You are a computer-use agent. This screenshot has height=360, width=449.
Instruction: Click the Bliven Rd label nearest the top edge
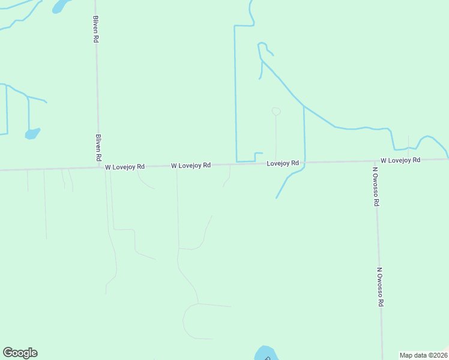[x=95, y=29]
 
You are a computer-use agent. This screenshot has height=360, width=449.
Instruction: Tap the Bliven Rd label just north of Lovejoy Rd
[x=98, y=146]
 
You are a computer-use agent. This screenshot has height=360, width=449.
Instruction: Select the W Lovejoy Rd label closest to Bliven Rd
[x=125, y=166]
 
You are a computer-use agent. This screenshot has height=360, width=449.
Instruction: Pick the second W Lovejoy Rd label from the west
[x=191, y=165]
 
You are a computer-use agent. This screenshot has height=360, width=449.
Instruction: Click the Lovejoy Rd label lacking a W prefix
[x=283, y=163]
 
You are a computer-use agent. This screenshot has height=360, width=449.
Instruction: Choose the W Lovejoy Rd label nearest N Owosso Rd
[x=400, y=160]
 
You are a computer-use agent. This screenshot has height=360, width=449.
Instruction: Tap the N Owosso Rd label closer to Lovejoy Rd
[x=375, y=186]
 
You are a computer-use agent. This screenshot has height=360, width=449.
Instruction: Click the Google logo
[x=20, y=353]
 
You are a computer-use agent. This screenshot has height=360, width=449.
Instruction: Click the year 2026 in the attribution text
[x=438, y=355]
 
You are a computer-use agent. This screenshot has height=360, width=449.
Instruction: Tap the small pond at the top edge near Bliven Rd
[x=60, y=6]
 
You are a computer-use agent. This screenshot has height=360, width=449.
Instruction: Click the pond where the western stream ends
[x=32, y=133]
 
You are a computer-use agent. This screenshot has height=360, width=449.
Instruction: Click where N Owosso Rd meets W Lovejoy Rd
[x=375, y=161]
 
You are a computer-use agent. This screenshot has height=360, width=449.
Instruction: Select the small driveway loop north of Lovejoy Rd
[x=276, y=111]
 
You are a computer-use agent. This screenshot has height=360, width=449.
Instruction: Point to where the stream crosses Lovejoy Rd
[x=305, y=162]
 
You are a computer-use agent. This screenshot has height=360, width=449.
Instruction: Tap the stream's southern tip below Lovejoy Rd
[x=276, y=197]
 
